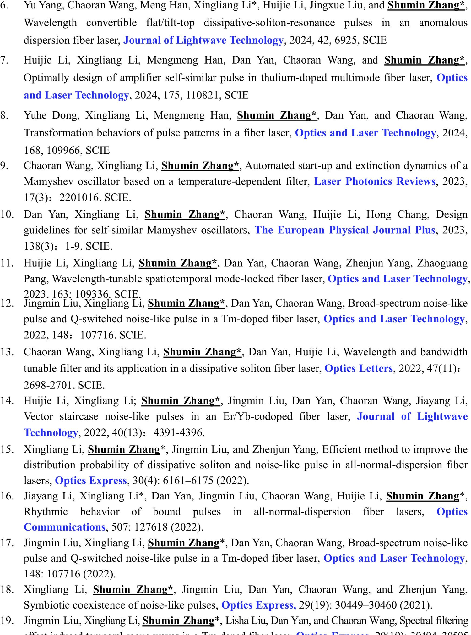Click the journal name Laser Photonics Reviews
pos(374,181)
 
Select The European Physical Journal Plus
pos(344,230)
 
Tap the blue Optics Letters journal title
pos(358,368)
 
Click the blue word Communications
pos(64,527)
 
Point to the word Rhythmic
pos(46,512)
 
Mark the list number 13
pos(7,352)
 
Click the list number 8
pos(4,115)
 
